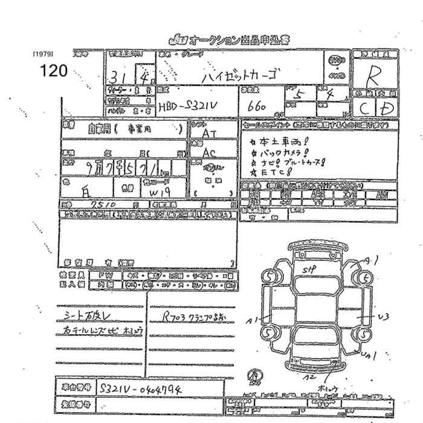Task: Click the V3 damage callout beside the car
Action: click(383, 316)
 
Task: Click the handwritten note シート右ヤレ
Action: click(86, 315)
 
